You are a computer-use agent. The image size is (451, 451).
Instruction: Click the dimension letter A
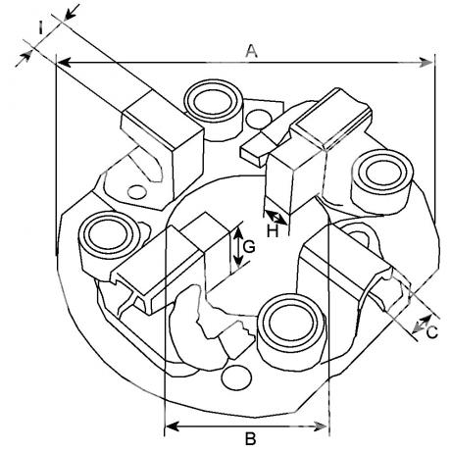click(251, 51)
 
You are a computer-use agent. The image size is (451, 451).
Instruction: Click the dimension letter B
click(250, 438)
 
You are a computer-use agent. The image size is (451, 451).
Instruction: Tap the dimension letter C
click(432, 332)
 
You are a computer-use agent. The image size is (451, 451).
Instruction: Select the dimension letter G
click(249, 247)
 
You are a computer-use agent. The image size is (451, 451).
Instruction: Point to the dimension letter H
click(273, 231)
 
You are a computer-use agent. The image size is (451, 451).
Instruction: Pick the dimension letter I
click(40, 27)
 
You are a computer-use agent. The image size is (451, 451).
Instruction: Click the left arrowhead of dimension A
click(65, 62)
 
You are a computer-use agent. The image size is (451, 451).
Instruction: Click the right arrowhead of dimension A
click(426, 62)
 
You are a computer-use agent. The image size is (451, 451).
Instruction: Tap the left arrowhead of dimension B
click(173, 426)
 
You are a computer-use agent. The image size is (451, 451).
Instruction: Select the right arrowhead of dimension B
click(320, 426)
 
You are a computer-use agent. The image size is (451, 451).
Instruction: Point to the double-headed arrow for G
click(238, 245)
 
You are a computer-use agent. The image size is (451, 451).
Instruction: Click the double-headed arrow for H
click(276, 218)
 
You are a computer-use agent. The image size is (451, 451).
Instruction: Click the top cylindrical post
click(214, 110)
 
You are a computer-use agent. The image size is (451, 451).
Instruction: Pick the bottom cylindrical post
click(291, 331)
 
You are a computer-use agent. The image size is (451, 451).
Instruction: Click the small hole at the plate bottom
click(237, 377)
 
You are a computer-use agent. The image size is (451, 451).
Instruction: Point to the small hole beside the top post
click(259, 119)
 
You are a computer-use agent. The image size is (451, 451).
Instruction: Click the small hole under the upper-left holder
click(137, 192)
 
